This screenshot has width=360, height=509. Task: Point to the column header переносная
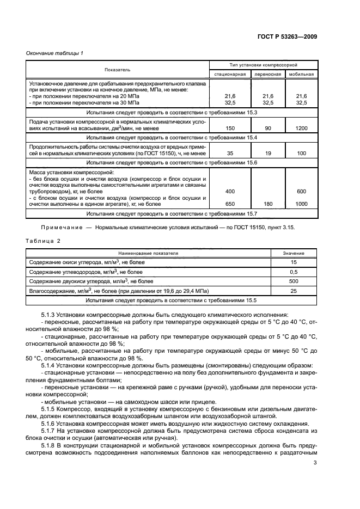pyautogui.click(x=267, y=74)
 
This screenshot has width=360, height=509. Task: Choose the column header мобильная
pyautogui.click(x=301, y=74)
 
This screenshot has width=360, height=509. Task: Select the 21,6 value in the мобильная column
pyautogui.click(x=301, y=96)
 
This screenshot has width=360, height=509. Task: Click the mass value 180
pyautogui.click(x=267, y=204)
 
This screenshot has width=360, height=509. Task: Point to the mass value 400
pyautogui.click(x=230, y=191)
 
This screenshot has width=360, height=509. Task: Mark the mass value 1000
pyautogui.click(x=301, y=204)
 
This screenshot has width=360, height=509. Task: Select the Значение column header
pyautogui.click(x=294, y=253)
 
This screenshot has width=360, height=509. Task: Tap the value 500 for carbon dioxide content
pyautogui.click(x=294, y=281)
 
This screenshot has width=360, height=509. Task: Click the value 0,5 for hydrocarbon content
pyautogui.click(x=294, y=272)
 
